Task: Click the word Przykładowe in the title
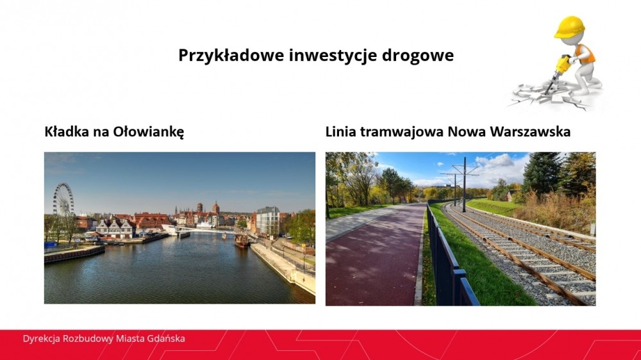231,55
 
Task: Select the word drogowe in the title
418,55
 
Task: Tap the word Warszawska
530,131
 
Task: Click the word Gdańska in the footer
166,339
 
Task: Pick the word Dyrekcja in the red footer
41,339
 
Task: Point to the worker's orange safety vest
585,53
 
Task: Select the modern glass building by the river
268,220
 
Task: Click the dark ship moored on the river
242,241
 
